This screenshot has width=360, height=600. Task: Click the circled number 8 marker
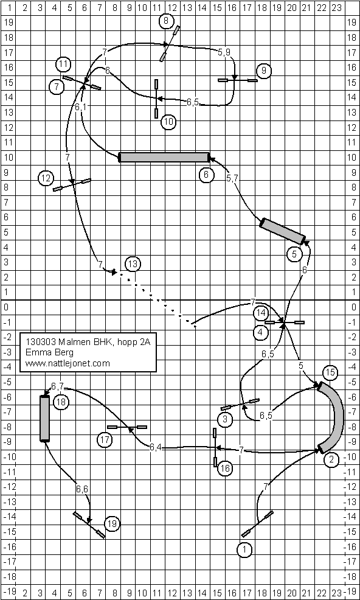(165, 21)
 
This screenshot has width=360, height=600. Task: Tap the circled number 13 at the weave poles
(133, 264)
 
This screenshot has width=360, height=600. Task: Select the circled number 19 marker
(112, 523)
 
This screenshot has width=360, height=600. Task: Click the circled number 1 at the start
(244, 550)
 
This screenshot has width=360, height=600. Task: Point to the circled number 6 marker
(206, 175)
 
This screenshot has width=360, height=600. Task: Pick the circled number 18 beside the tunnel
(60, 402)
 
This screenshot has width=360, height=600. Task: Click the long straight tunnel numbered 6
(164, 157)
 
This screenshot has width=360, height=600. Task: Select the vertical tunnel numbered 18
(45, 419)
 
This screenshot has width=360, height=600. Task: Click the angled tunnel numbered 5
(282, 231)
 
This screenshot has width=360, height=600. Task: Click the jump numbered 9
(238, 80)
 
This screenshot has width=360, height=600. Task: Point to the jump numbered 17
(127, 427)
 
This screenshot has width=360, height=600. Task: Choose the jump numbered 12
(72, 184)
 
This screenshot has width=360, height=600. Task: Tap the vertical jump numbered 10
(156, 99)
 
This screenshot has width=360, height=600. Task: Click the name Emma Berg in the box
(49, 352)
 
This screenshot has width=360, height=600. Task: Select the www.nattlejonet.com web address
(67, 363)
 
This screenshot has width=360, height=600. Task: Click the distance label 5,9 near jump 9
(224, 53)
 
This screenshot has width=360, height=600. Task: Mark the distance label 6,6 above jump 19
(82, 489)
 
